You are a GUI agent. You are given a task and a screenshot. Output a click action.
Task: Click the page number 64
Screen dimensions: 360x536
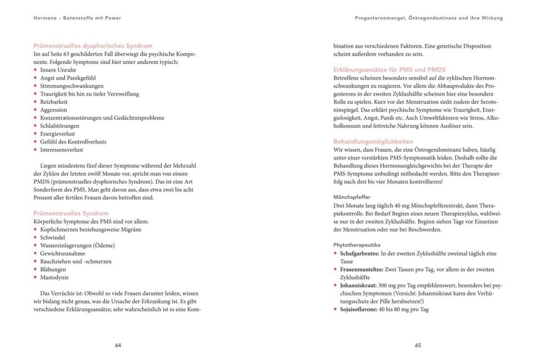118,345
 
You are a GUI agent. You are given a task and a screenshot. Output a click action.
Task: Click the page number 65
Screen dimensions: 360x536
418,345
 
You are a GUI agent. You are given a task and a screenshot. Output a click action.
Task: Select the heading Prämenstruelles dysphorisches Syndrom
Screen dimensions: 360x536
93,46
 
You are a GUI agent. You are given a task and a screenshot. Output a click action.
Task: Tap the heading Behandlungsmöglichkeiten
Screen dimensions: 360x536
370,142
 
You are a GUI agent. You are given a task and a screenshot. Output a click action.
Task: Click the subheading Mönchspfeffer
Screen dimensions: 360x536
352,197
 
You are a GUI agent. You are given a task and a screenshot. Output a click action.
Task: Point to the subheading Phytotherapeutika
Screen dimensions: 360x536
357,244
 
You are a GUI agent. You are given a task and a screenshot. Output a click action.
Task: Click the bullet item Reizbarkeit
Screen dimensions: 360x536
53,102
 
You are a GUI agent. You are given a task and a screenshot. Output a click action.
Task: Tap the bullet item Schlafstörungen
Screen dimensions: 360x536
58,126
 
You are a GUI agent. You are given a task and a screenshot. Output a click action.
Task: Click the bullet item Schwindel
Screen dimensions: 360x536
52,237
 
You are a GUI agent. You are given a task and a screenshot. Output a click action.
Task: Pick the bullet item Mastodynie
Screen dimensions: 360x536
54,277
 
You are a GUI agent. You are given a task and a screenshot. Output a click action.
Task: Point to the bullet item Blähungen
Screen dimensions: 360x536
53,269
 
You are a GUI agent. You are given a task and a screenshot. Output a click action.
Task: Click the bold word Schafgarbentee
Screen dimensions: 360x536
359,253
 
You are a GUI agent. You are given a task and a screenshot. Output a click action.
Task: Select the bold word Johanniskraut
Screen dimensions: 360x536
357,285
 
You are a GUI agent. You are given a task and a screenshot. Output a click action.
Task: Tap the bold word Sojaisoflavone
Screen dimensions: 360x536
358,309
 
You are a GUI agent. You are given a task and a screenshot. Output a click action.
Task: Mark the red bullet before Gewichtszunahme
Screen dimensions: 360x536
36,253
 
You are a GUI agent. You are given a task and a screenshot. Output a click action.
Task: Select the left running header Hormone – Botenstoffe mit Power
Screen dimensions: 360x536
77,18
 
